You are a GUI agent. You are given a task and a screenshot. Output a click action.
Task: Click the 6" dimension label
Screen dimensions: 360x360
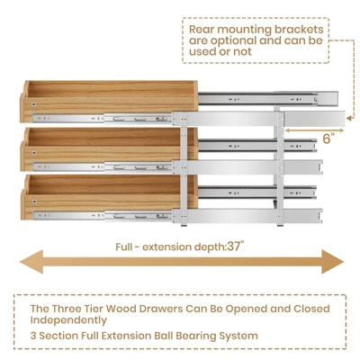click(328, 139)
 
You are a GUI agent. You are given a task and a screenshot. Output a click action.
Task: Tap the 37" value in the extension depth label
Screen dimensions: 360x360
click(235, 247)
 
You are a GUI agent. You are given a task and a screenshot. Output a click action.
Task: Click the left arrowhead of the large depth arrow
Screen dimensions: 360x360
click(31, 262)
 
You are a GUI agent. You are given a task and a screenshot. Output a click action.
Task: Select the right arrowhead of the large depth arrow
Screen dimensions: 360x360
click(332, 262)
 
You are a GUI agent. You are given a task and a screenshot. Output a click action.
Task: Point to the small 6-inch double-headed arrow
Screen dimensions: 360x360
click(314, 130)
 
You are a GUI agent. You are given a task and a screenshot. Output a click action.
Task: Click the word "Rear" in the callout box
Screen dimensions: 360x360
click(202, 30)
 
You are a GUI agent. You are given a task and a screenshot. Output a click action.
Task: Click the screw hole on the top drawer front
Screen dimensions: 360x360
click(34, 104)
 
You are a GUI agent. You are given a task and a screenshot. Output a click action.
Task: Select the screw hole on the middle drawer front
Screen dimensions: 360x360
click(34, 153)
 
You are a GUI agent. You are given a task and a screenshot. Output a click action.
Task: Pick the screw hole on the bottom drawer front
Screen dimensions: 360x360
click(34, 202)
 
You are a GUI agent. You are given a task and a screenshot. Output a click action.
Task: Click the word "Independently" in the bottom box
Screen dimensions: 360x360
click(68, 320)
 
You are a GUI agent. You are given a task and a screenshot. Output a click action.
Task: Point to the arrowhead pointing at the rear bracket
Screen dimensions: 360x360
click(349, 118)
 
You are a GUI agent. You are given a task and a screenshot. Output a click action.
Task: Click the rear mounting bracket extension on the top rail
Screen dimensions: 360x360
click(314, 118)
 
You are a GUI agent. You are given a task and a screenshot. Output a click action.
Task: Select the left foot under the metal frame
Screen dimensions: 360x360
click(184, 225)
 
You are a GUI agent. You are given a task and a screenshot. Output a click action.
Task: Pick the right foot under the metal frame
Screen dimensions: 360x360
click(280, 225)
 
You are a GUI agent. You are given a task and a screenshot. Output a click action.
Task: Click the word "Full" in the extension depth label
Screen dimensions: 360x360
click(123, 247)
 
